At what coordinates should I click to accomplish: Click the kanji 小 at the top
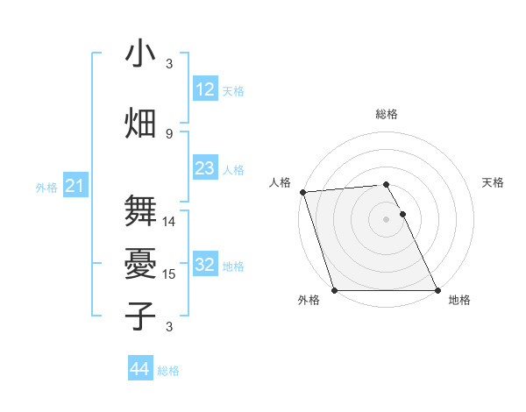click(x=140, y=54)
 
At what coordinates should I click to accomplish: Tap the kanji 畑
click(x=140, y=124)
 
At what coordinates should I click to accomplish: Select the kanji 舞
click(x=140, y=210)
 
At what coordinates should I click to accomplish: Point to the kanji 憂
click(x=140, y=263)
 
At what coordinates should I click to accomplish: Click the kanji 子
click(x=140, y=316)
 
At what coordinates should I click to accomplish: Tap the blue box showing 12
click(x=205, y=89)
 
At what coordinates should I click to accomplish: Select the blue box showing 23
click(x=205, y=168)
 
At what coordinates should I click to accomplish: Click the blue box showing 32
click(x=205, y=266)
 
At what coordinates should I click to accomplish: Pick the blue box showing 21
click(x=75, y=187)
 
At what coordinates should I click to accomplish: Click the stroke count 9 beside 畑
click(x=169, y=133)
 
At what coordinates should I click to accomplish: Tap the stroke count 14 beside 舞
click(x=169, y=222)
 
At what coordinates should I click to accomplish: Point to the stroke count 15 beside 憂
click(x=169, y=274)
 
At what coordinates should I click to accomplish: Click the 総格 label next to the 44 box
click(x=168, y=371)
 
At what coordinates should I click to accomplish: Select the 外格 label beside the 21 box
click(x=46, y=188)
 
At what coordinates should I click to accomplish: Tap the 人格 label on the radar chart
click(x=280, y=182)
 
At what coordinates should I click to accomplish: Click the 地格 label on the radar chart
click(x=459, y=300)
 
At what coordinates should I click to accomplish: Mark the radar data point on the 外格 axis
click(x=334, y=290)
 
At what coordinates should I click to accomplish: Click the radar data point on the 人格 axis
click(x=302, y=192)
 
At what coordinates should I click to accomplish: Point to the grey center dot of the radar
click(x=386, y=219)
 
